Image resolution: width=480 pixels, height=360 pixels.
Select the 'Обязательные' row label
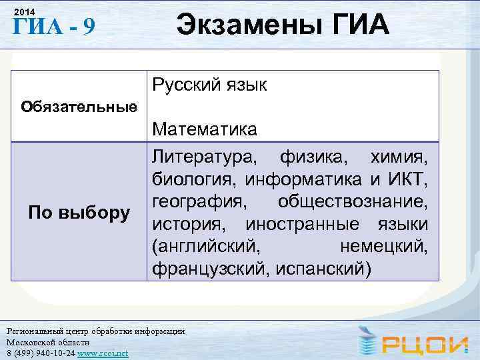point(79,106)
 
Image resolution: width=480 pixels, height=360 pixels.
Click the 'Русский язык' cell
point(209,85)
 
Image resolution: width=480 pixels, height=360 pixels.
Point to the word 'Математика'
point(205,129)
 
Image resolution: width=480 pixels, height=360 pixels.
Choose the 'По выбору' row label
point(79,213)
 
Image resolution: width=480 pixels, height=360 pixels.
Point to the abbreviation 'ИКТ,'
point(406,180)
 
